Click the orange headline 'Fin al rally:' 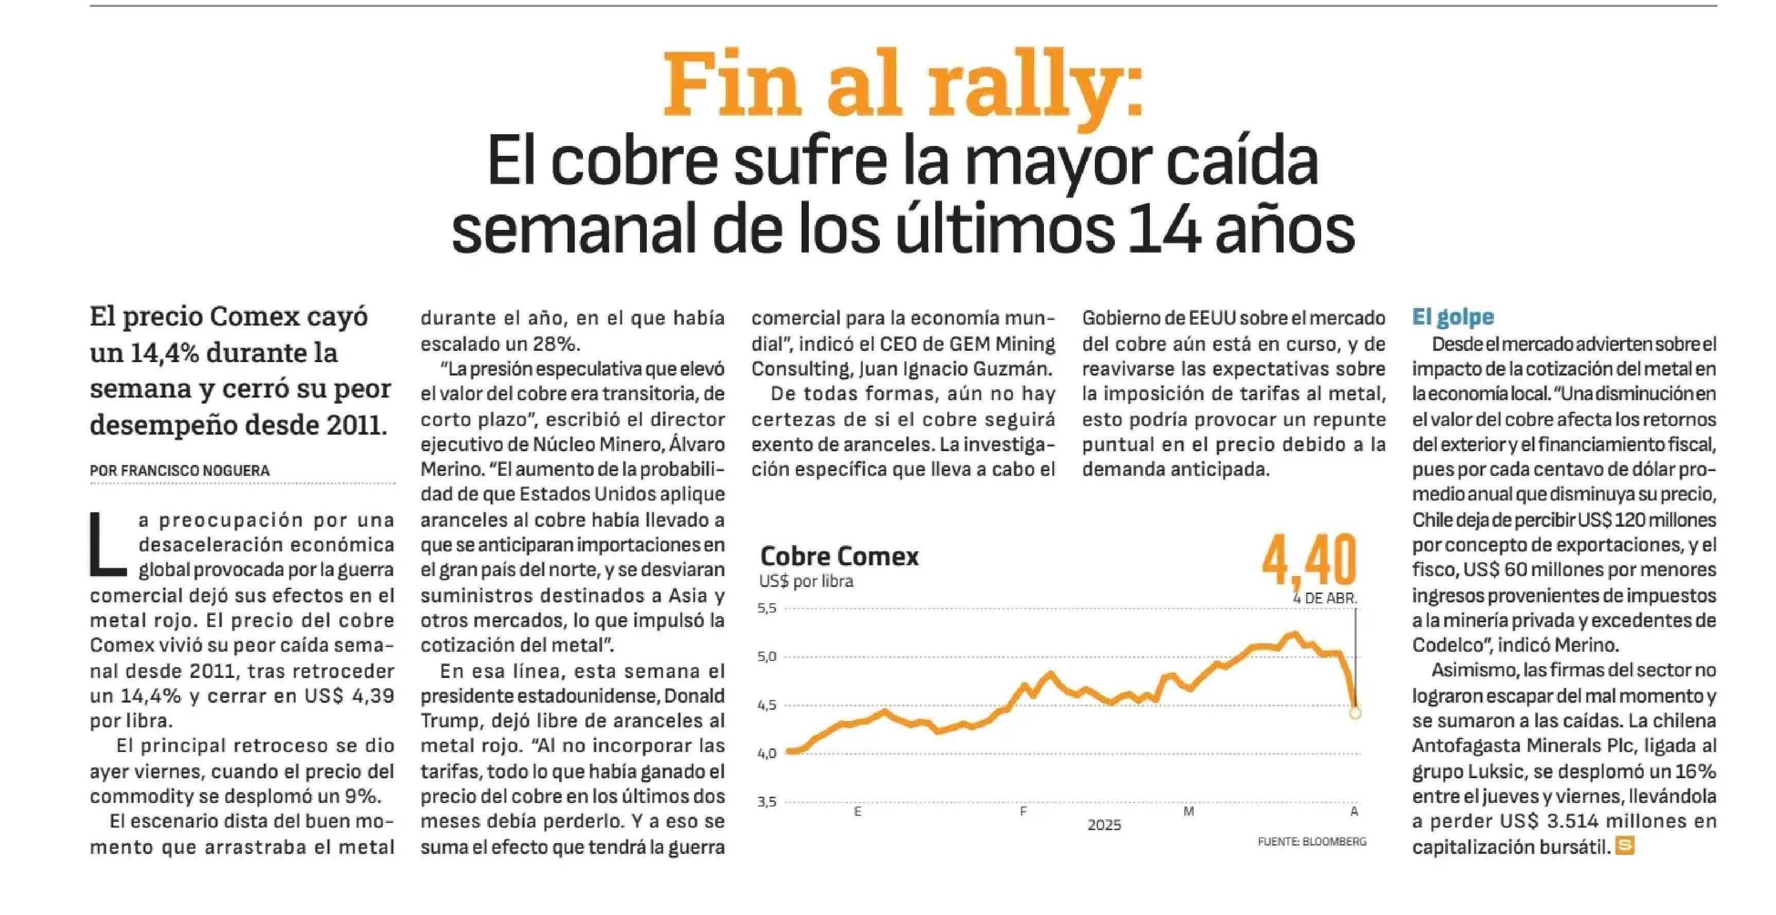tap(903, 86)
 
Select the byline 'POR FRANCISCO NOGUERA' tap(180, 471)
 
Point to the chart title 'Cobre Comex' tap(839, 556)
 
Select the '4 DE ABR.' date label tap(1324, 599)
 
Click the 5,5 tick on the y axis tap(767, 608)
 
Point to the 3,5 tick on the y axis tap(767, 802)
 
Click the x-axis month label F tap(1024, 812)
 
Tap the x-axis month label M tap(1188, 812)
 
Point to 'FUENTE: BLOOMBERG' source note tap(1312, 841)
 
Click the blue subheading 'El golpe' tap(1453, 317)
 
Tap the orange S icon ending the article tap(1625, 846)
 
